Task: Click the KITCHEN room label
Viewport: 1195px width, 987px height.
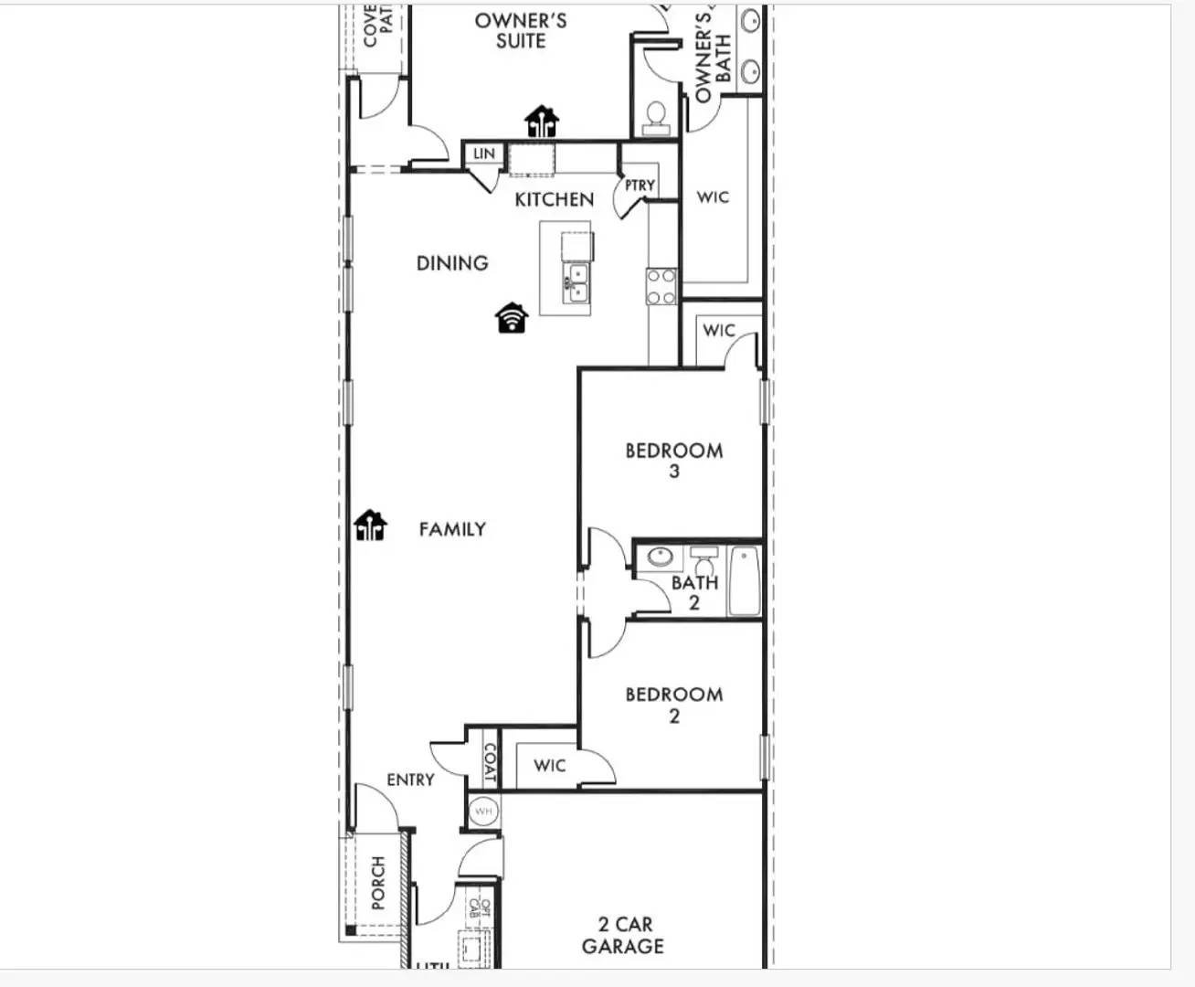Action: (x=554, y=199)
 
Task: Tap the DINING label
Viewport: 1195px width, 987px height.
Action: (x=452, y=263)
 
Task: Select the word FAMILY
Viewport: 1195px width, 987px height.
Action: (x=452, y=529)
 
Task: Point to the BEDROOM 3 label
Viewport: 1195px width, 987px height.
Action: (x=674, y=460)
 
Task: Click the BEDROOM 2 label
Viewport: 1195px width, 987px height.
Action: (x=674, y=704)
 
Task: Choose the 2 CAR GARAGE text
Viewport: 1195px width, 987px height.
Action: (x=623, y=935)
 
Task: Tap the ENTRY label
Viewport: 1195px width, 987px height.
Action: (x=410, y=780)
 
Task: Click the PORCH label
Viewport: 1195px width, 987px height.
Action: (x=378, y=883)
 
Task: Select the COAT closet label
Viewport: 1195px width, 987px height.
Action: (x=490, y=762)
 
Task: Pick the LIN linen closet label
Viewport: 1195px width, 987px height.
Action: (x=483, y=154)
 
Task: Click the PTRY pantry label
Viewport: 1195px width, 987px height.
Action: (x=640, y=186)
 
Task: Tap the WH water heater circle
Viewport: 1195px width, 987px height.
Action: (x=482, y=811)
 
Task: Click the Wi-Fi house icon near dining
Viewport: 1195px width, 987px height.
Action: (x=513, y=317)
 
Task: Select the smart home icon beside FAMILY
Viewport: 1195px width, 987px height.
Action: (x=370, y=525)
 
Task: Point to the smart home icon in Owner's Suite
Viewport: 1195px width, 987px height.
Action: (x=541, y=121)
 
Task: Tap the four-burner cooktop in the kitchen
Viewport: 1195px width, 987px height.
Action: (x=661, y=286)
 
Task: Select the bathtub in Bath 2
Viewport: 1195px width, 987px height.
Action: (x=745, y=581)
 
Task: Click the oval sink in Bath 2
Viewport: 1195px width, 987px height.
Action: (x=659, y=556)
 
